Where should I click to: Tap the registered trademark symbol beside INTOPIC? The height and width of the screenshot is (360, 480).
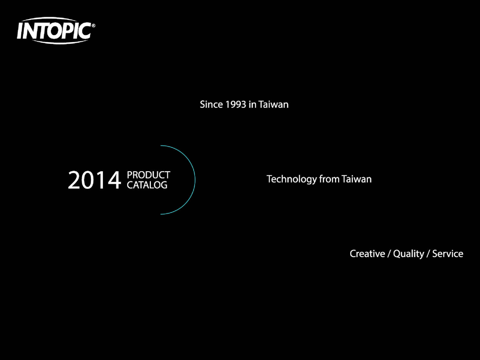point(93,26)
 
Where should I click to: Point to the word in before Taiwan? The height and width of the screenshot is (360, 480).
point(252,105)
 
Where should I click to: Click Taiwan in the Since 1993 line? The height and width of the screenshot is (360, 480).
point(273,105)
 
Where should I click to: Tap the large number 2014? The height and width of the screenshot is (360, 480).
point(94,180)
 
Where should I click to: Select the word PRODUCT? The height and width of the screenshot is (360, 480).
point(148,175)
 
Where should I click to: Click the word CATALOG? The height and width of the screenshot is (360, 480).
point(147,185)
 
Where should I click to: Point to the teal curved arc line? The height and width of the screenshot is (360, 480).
point(195,180)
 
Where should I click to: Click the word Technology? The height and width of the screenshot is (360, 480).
point(291,179)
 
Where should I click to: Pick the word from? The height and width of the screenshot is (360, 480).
point(329,179)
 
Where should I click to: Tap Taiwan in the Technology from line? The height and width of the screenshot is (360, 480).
point(356,179)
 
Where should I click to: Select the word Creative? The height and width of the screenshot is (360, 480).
point(367,254)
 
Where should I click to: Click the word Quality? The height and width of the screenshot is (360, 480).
point(409,254)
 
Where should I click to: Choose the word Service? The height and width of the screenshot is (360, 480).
point(447,254)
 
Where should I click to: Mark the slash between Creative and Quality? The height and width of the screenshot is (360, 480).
point(389,254)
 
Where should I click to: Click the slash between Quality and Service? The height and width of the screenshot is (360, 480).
point(428,254)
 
